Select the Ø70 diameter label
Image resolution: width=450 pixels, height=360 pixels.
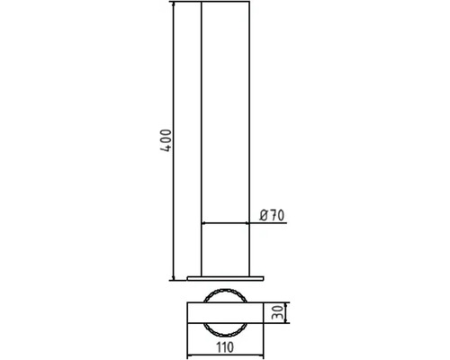[x=272, y=215]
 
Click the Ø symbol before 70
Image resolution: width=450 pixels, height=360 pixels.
[x=263, y=215]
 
